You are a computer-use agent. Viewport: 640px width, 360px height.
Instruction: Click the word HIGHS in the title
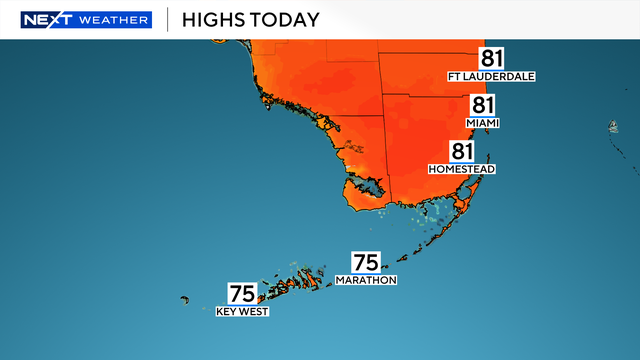click(x=219, y=20)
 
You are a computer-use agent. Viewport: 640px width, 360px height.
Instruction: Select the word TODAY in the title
click(x=289, y=20)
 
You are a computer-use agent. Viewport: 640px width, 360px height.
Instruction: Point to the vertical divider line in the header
click(x=166, y=20)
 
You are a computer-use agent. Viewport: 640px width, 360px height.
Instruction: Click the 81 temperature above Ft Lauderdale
click(x=492, y=58)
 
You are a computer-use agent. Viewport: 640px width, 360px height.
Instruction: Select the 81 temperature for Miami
click(x=484, y=106)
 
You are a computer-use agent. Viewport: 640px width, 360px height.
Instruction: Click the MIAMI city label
click(x=482, y=123)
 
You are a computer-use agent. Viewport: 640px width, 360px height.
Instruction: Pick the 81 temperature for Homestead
click(x=461, y=152)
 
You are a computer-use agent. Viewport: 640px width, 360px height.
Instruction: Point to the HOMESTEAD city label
click(x=461, y=169)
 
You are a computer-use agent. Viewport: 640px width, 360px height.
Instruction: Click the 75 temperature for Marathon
click(x=366, y=263)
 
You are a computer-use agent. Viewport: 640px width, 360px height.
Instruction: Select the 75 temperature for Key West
click(x=243, y=294)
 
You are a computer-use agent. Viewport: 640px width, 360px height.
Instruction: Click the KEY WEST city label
click(x=243, y=311)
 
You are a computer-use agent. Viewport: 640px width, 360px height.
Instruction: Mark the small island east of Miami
click(x=610, y=127)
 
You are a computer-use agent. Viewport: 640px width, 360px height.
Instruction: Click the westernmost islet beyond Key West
click(x=185, y=298)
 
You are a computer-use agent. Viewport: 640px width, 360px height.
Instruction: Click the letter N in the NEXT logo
click(x=29, y=20)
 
